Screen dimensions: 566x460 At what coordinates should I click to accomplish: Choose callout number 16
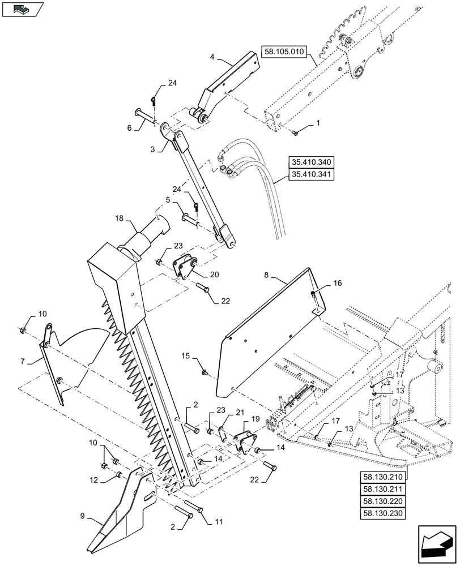[337, 282]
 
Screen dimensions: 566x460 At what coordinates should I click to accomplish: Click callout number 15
[186, 356]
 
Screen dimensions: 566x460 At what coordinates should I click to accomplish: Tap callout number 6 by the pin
[130, 128]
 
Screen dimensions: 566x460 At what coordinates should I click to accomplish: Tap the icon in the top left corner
[23, 9]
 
